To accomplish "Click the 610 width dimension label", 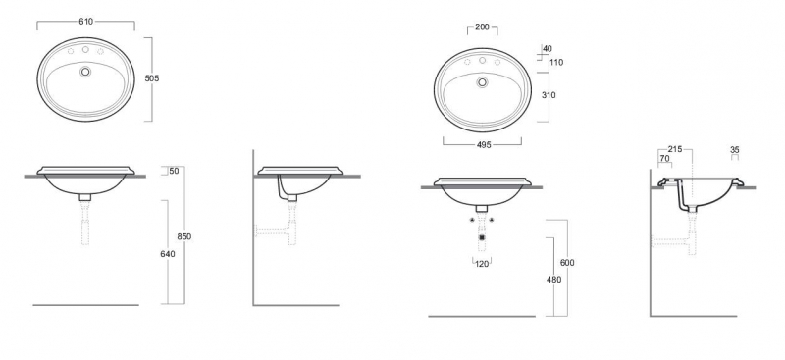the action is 85,21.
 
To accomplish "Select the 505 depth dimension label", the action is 152,78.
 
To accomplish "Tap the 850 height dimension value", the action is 184,236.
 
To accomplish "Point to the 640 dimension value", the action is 168,254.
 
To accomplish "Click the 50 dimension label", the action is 174,171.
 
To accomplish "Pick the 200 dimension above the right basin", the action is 482,27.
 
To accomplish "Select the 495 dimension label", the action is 484,145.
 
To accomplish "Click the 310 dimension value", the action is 549,95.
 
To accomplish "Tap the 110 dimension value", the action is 556,63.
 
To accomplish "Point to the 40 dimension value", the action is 548,49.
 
